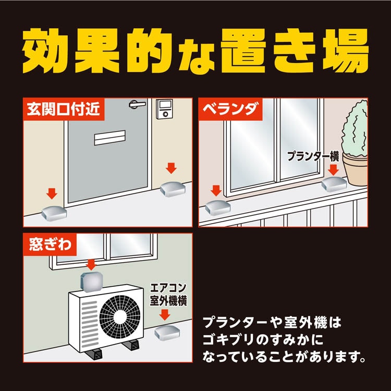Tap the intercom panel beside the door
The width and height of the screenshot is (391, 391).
[165, 109]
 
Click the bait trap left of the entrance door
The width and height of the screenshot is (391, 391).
[53, 212]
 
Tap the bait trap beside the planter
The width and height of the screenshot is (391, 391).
[334, 183]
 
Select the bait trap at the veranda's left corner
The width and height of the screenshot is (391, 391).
[217, 207]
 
